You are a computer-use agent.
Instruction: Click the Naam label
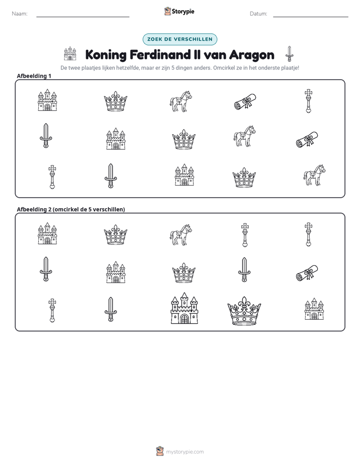coord(20,14)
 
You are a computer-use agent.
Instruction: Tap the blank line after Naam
coord(83,17)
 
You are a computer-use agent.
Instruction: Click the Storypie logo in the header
coord(179,11)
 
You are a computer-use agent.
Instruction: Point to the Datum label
coord(259,14)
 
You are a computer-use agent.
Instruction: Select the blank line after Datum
coord(311,17)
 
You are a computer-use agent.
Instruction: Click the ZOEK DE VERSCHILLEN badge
coord(180,39)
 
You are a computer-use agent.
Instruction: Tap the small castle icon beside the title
coord(70,53)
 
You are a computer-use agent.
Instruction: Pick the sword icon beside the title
coord(289,54)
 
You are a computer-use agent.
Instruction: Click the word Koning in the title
coord(106,55)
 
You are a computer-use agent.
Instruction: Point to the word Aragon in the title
coord(252,55)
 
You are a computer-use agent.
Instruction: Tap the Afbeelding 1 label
coord(34,76)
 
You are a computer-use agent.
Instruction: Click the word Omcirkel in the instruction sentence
coord(223,68)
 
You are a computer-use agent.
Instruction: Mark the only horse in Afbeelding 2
coord(181,235)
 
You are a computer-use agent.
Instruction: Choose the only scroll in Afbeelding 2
coord(307,272)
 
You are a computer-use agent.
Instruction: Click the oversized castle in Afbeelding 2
coord(184,308)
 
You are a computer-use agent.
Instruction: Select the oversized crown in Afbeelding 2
coord(244,311)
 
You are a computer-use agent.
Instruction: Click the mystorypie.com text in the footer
coord(185,452)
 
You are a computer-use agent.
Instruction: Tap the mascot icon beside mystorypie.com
coord(160,451)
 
